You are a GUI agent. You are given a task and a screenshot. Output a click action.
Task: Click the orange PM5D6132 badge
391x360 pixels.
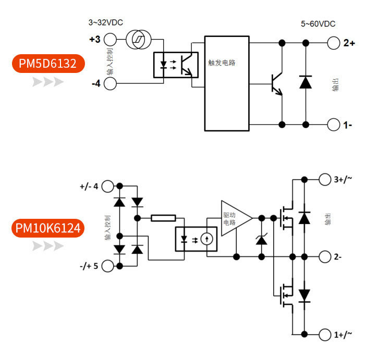pyautogui.click(x=48, y=64)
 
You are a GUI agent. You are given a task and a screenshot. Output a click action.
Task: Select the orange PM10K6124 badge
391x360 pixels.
pyautogui.click(x=48, y=228)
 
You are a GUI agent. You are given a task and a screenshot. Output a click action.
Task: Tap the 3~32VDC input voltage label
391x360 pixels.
pyautogui.click(x=106, y=22)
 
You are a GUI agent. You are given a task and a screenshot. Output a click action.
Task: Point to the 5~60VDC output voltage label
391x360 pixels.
pyautogui.click(x=318, y=24)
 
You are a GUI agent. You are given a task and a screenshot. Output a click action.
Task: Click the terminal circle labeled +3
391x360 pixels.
pyautogui.click(x=110, y=40)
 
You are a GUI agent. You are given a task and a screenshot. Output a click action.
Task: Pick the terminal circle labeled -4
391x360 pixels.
pyautogui.click(x=110, y=83)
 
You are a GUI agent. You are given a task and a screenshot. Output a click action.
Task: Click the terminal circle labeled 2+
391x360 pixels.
pyautogui.click(x=334, y=43)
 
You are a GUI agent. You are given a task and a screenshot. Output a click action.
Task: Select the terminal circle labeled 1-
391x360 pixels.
pyautogui.click(x=334, y=125)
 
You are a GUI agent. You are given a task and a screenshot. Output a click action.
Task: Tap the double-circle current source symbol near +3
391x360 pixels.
pyautogui.click(x=138, y=40)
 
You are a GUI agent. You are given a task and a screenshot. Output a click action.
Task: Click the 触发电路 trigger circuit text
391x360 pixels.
pyautogui.click(x=222, y=63)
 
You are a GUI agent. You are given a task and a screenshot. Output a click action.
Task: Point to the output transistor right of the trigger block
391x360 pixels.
pyautogui.click(x=277, y=83)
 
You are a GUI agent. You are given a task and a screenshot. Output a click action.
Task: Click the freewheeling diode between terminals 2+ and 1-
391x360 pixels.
pyautogui.click(x=306, y=82)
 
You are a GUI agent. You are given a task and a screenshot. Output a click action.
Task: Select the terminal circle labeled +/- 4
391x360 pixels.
pyautogui.click(x=108, y=186)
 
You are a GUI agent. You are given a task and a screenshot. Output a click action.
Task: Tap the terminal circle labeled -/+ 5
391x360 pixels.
pyautogui.click(x=108, y=266)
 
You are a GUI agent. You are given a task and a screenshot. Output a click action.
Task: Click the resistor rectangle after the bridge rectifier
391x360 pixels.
pyautogui.click(x=163, y=218)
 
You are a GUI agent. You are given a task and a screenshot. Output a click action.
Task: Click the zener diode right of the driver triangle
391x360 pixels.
pyautogui.click(x=261, y=239)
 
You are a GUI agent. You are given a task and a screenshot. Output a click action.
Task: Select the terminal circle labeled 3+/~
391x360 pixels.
pyautogui.click(x=325, y=179)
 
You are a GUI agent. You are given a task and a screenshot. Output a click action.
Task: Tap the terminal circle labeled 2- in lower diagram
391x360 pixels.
pyautogui.click(x=325, y=257)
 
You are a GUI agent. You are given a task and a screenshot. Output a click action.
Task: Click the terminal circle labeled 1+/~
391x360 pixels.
pyautogui.click(x=325, y=334)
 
